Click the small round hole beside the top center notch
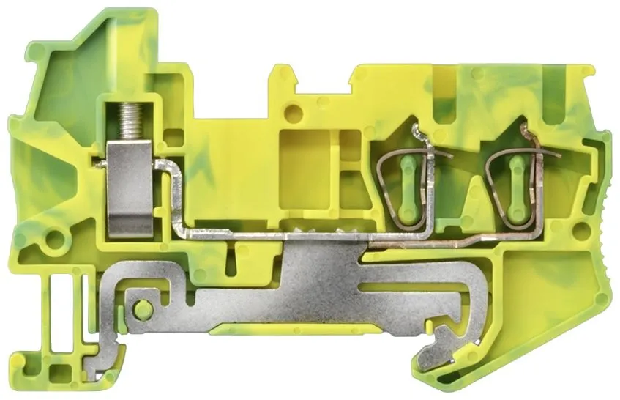click(293, 114)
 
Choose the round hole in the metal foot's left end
click(143, 308)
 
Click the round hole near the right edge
click(583, 233)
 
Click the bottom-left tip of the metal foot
click(93, 370)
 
